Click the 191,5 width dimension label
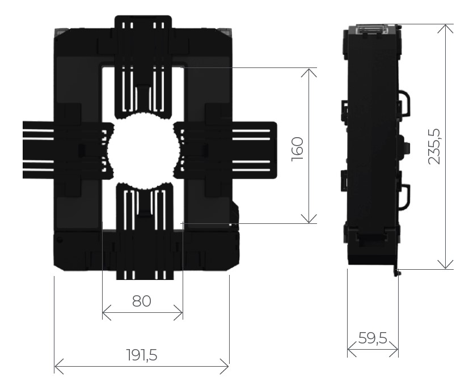click(141, 355)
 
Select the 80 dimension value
click(141, 301)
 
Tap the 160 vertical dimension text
click(298, 149)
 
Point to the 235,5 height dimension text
click(434, 146)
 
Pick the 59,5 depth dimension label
click(373, 338)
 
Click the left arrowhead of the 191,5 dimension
click(59, 366)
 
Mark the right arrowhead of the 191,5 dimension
click(225, 366)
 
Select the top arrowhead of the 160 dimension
click(309, 73)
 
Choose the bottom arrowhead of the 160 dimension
click(309, 219)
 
